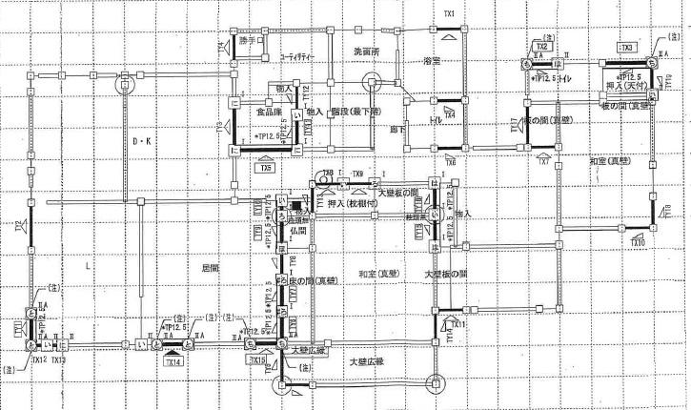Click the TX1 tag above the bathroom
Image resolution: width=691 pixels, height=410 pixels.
[x=449, y=13]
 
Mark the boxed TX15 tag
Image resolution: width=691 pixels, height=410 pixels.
[x=257, y=360]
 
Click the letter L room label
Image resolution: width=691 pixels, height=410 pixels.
[x=87, y=268]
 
